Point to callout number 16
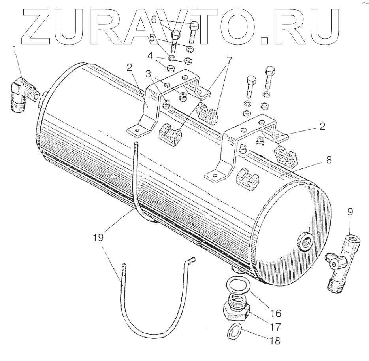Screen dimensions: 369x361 coord(275,314)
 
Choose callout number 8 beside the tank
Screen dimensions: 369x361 coord(329,161)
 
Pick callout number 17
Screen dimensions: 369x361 coord(275,328)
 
